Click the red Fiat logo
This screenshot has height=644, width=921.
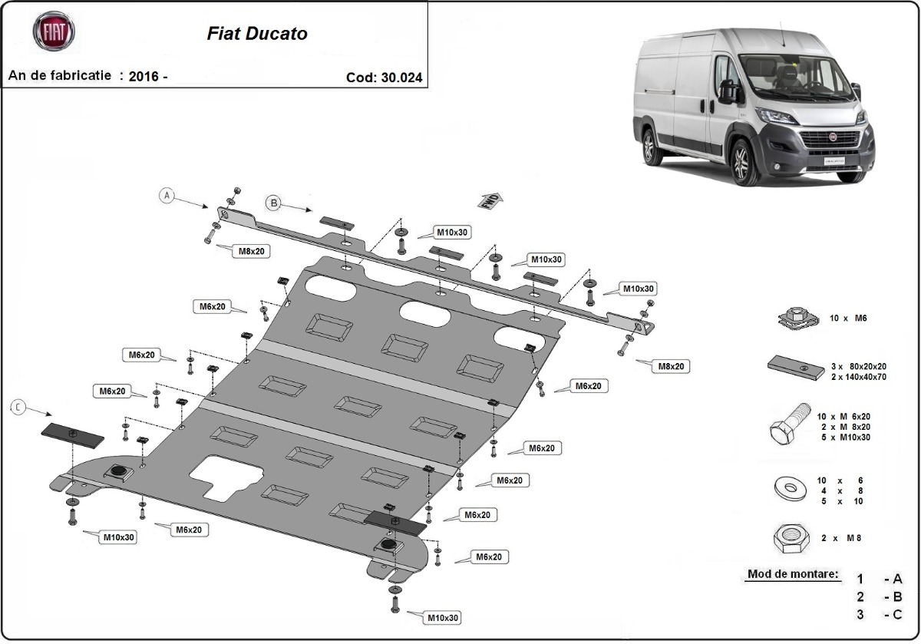pos(53,32)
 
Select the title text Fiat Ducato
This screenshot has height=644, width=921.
pos(257,35)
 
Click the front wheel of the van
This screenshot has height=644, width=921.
pos(742,160)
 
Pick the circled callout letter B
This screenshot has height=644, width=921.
pos(272,203)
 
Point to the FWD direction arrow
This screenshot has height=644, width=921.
pos(491,201)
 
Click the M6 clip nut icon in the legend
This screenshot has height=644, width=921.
pos(794,317)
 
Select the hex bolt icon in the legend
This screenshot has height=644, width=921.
pos(789,424)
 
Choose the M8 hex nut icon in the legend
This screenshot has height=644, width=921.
pos(791,539)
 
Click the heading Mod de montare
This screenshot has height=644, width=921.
pos(792,574)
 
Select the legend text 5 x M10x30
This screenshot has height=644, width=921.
pos(843,437)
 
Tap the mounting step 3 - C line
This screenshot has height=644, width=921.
pos(878,614)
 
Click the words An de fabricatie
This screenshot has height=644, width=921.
pos(60,76)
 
